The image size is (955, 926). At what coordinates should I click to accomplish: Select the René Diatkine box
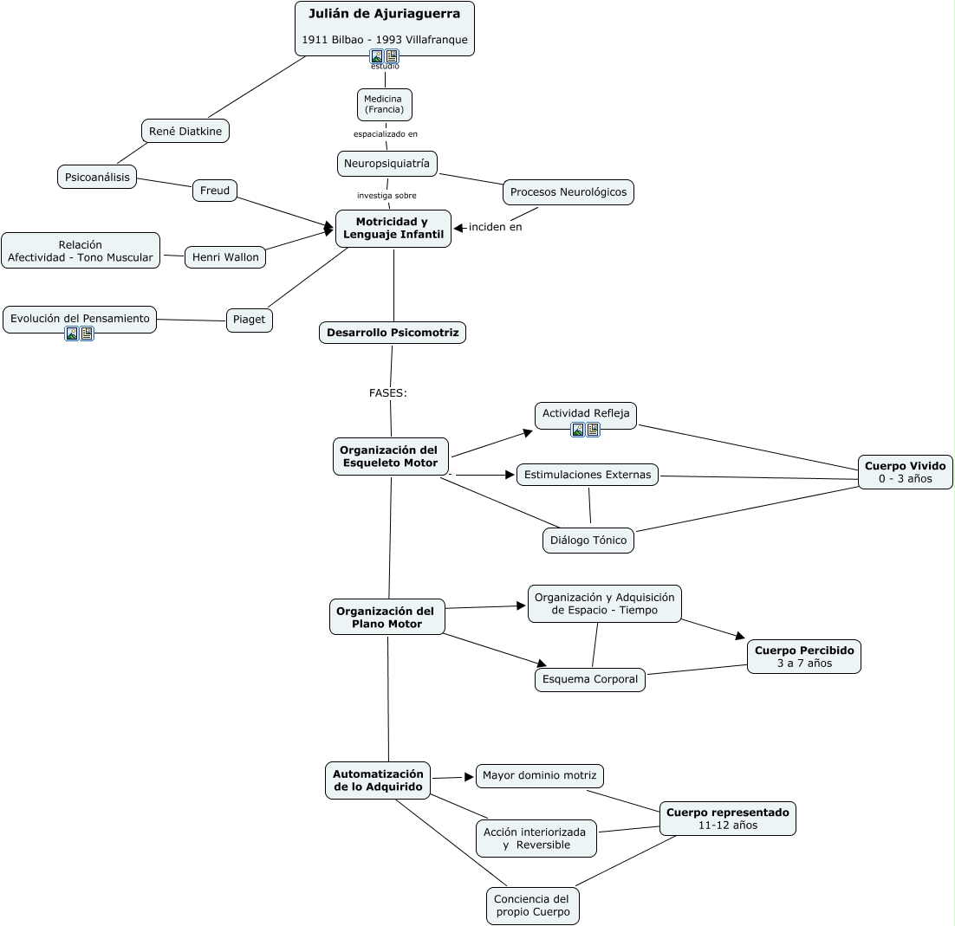pyautogui.click(x=185, y=131)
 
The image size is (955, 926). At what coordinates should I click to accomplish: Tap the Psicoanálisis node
pyautogui.click(x=97, y=177)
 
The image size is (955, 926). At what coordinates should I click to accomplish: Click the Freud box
pyautogui.click(x=215, y=191)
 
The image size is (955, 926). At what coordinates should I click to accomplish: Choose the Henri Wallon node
pyautogui.click(x=225, y=257)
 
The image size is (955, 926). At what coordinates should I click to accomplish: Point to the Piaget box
pyautogui.click(x=250, y=320)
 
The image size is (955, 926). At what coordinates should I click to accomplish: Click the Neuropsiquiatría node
pyautogui.click(x=387, y=163)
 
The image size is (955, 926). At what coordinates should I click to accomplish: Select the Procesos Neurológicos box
pyautogui.click(x=568, y=192)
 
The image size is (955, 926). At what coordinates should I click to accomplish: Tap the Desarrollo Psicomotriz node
pyautogui.click(x=393, y=333)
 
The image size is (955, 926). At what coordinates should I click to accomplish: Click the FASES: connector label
pyautogui.click(x=388, y=392)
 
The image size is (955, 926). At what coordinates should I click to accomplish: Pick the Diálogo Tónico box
pyautogui.click(x=588, y=541)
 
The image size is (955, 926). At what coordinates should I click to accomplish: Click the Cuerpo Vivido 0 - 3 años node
pyautogui.click(x=905, y=472)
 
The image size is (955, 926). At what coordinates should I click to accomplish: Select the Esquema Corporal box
pyautogui.click(x=590, y=679)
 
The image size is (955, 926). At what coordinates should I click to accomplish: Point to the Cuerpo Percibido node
pyautogui.click(x=804, y=657)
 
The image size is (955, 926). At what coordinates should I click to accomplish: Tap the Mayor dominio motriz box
pyautogui.click(x=540, y=775)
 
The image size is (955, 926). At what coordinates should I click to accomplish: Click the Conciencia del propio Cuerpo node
pyautogui.click(x=532, y=905)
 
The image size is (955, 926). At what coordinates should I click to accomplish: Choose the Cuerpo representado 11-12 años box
pyautogui.click(x=728, y=819)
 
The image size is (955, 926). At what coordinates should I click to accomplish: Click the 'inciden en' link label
pyautogui.click(x=496, y=227)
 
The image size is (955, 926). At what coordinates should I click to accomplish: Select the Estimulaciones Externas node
pyautogui.click(x=588, y=475)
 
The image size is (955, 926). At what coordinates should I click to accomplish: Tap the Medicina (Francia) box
pyautogui.click(x=384, y=104)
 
